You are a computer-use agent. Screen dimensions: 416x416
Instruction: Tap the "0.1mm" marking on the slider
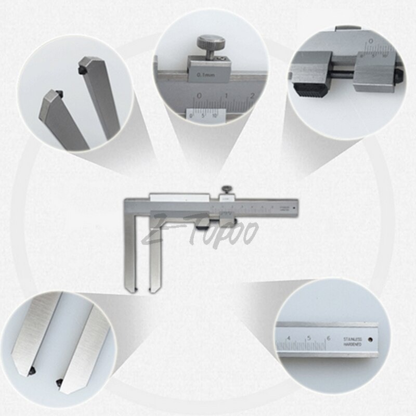click(206, 75)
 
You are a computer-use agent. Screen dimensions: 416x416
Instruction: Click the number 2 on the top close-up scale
click(252, 95)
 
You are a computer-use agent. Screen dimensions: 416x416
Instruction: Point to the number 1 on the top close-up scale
click(226, 96)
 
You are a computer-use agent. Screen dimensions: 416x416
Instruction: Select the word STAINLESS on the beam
click(352, 339)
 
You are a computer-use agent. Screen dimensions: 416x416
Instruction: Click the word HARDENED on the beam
click(352, 345)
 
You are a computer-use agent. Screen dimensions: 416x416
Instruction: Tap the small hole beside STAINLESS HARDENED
click(370, 341)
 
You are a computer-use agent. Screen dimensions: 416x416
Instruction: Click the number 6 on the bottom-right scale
click(328, 339)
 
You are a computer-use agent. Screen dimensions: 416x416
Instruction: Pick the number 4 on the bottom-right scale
click(289, 339)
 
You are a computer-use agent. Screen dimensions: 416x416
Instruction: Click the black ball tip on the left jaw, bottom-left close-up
click(32, 370)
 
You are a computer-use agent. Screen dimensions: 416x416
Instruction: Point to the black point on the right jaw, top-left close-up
click(82, 68)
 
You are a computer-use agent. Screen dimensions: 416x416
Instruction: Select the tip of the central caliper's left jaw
click(132, 288)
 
